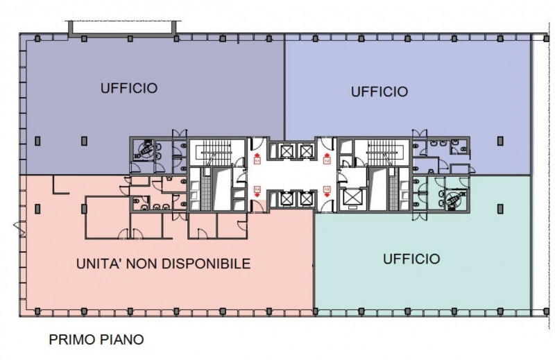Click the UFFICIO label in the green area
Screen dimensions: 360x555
(x=411, y=259)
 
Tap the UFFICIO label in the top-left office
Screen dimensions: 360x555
(x=128, y=88)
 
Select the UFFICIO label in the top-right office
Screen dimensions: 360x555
(x=379, y=91)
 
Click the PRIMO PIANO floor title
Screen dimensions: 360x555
(x=96, y=340)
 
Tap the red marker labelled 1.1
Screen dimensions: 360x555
(x=257, y=161)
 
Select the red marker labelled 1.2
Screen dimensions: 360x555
(x=326, y=161)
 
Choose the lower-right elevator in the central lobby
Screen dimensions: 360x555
(x=305, y=200)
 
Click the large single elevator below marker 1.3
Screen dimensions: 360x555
(x=352, y=198)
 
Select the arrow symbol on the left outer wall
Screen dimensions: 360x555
(x=16, y=225)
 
